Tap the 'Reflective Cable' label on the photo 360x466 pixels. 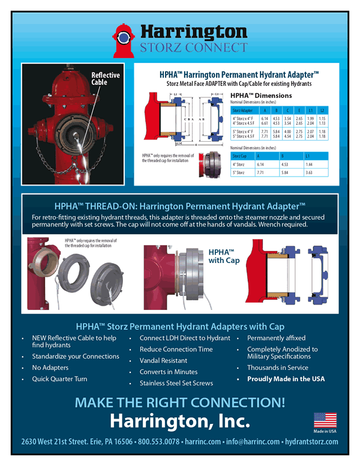coord(106,79)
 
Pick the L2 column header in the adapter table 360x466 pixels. coord(322,110)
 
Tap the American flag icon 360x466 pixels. coord(325,420)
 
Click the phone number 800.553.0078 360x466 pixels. coord(159,442)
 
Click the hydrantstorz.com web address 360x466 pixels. coord(311,442)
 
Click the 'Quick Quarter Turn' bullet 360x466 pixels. coord(59,379)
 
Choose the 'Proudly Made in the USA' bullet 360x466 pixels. coord(286,379)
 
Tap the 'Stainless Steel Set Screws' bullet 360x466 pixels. coord(176,383)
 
